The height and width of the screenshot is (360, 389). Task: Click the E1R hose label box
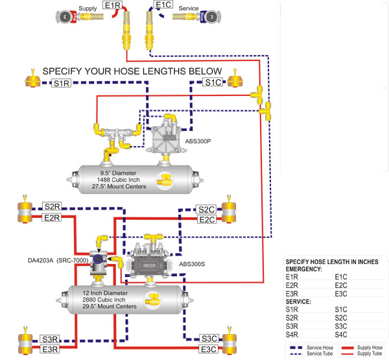click(x=113, y=5)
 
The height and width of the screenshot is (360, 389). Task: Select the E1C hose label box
click(x=163, y=5)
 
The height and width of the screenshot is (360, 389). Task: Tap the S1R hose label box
click(x=62, y=83)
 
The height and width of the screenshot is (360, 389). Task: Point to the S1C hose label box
click(x=213, y=82)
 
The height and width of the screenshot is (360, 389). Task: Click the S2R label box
click(x=52, y=207)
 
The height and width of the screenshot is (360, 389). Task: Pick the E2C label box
click(x=207, y=219)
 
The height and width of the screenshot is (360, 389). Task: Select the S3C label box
click(x=209, y=339)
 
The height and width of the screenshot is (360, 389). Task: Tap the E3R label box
click(x=50, y=349)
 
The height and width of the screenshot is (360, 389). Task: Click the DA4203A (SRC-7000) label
click(x=58, y=260)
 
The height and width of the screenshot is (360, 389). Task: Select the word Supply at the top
click(x=88, y=8)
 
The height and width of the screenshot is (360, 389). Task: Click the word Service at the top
click(x=188, y=8)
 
